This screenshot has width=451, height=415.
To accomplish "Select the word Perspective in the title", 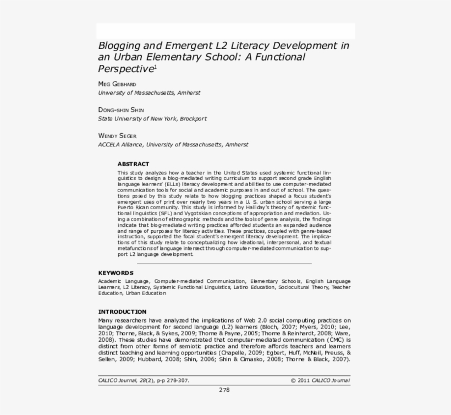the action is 125,69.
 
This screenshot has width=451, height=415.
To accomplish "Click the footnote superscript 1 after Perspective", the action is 155,67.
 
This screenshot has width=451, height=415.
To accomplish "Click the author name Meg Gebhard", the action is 117,84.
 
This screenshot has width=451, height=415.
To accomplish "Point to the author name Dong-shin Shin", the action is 121,110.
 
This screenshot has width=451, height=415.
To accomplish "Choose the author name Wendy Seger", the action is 117,135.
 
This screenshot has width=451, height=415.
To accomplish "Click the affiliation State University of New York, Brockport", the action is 152,118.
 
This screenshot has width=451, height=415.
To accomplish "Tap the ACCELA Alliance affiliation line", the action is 173,144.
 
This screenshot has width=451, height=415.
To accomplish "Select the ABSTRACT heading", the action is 133,164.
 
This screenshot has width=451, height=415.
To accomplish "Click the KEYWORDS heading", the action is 116,272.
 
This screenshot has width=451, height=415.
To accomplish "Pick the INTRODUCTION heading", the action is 122,312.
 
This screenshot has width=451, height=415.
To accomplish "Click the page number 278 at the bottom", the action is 224,390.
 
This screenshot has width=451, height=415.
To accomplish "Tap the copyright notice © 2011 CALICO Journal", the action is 320,380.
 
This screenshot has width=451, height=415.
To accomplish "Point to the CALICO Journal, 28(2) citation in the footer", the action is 144,380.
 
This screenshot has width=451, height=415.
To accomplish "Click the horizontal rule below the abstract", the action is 224,264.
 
